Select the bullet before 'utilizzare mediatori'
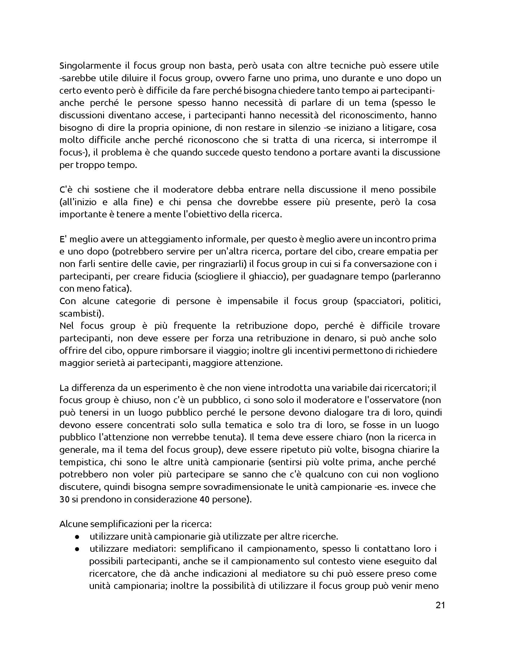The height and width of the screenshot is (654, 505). (77, 549)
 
